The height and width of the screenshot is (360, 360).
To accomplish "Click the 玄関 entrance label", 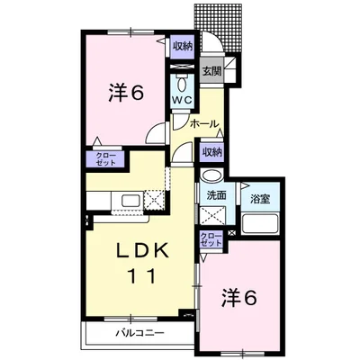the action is pos(211,71).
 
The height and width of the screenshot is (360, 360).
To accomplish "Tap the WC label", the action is pos(183,101).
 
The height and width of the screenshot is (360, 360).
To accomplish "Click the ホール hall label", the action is pos(204,123).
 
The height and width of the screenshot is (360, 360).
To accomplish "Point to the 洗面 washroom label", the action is pos(216,195).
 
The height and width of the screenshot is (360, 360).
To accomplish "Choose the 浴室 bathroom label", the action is pos(260,199).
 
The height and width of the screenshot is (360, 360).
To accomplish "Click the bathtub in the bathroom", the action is pos(260,223).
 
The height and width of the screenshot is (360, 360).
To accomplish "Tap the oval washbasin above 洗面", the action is pos(211,175).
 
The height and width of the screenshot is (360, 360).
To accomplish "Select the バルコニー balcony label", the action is pos(140,332).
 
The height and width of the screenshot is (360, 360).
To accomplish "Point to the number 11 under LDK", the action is pos(142,276).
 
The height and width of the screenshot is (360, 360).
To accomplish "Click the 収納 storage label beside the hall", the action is pos(211,152).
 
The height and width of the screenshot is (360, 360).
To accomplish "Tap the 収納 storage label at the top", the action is pos(182,47).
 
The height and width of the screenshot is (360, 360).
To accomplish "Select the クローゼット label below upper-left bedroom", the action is pos(105,159).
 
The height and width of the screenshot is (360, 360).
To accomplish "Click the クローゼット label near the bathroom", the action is pos(211,239).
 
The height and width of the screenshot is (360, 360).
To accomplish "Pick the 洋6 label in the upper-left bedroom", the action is pos(126,94).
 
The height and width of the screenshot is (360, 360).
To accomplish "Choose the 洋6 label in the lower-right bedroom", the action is pos(238,298).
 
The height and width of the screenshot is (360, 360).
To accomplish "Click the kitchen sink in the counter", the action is pos(130,201).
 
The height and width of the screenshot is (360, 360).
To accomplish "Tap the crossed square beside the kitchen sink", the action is pos(154,200).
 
